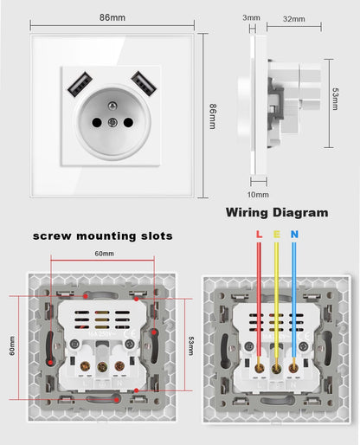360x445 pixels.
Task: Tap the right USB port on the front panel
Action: pos(143,84)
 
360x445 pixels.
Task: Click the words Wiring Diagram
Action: pos(277,212)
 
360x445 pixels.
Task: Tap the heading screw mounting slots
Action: pos(103,235)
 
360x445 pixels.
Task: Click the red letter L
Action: pos(258,235)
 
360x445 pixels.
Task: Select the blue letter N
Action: pos(294,235)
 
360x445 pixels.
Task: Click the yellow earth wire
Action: pos(277,294)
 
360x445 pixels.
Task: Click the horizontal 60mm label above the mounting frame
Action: pos(104,254)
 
